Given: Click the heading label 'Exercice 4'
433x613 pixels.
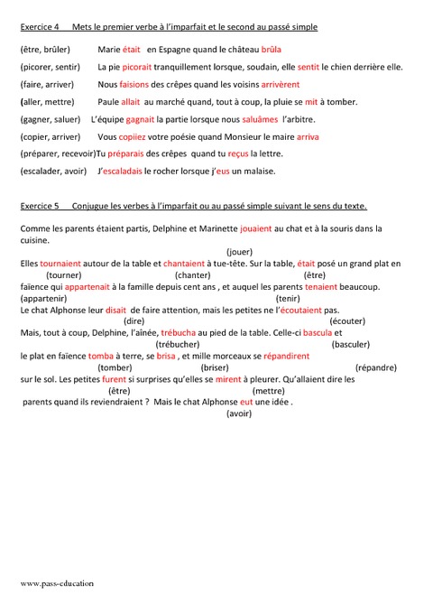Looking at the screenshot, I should point(38,28).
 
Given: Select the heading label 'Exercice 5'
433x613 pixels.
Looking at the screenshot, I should point(39,206).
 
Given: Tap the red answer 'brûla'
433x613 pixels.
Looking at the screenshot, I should point(272,50).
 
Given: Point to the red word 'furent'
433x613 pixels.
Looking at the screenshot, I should point(114,379).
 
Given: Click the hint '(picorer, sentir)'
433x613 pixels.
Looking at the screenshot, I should point(50,67).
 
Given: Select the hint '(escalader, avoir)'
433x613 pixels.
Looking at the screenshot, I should point(53,172).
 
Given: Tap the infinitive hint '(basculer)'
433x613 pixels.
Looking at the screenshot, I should point(351,344).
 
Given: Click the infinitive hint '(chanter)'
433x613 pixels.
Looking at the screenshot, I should point(193,274).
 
